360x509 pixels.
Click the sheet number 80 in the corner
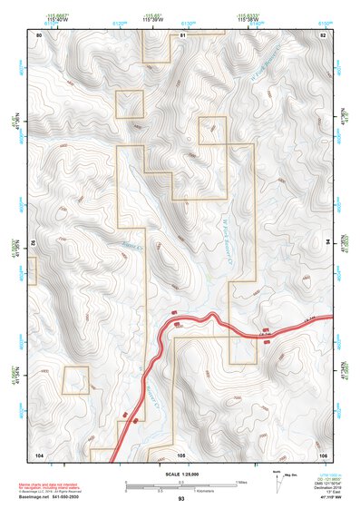click(x=39, y=34)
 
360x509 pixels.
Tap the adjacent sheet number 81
click(x=182, y=34)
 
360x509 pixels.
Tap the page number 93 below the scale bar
click(x=181, y=499)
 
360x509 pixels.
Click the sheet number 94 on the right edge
click(x=327, y=243)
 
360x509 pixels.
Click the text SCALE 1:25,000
click(x=181, y=473)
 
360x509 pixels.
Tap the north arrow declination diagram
click(x=277, y=478)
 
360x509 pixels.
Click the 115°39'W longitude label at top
click(x=150, y=22)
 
